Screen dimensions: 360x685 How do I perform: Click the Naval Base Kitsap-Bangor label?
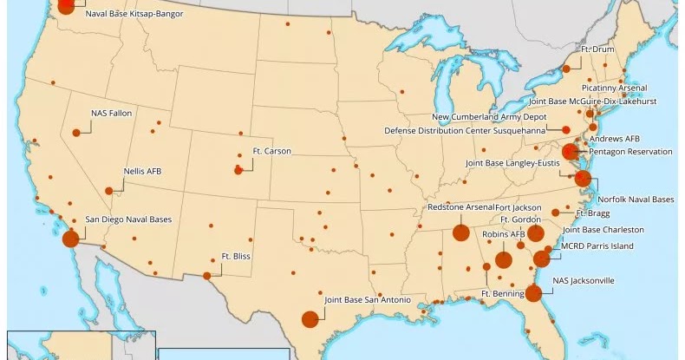(x=134, y=14)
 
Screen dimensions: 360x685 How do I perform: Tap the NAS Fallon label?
(x=110, y=113)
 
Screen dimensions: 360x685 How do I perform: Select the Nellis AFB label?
(x=142, y=171)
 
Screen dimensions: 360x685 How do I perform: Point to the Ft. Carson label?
(x=271, y=151)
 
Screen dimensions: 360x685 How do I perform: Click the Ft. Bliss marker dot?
(x=207, y=276)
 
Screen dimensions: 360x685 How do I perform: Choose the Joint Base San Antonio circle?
(x=310, y=318)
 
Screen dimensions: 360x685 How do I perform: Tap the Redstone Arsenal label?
(x=460, y=208)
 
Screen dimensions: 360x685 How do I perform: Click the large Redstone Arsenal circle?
(x=460, y=232)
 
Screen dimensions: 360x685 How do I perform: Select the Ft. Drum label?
(x=597, y=49)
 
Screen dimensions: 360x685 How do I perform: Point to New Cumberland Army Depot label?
(x=489, y=116)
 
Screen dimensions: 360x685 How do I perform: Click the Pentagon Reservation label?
(x=630, y=152)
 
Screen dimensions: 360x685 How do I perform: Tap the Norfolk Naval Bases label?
(x=636, y=200)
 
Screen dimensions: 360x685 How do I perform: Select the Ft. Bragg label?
(x=593, y=213)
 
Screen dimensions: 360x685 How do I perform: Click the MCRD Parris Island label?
(x=597, y=246)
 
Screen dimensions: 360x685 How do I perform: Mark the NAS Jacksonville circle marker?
(x=534, y=293)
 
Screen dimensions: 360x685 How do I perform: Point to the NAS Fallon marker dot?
(x=76, y=132)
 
